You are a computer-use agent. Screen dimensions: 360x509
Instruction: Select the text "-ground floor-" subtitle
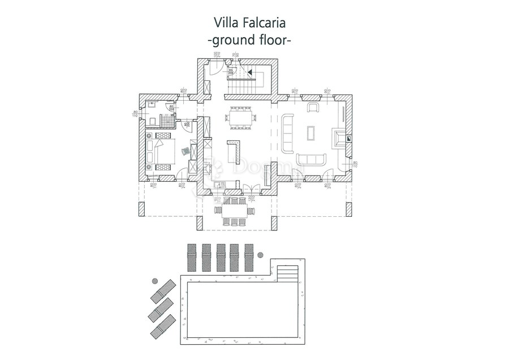249,41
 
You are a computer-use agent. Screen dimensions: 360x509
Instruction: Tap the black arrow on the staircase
249,71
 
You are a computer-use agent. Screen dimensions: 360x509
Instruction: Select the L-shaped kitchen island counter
234,151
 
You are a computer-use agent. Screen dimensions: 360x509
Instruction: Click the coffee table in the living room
310,132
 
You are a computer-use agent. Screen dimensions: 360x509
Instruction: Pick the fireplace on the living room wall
338,138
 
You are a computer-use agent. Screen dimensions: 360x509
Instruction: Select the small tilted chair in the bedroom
184,151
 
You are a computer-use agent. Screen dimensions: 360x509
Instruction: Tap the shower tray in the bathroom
166,119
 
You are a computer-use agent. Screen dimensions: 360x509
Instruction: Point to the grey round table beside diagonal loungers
155,280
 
